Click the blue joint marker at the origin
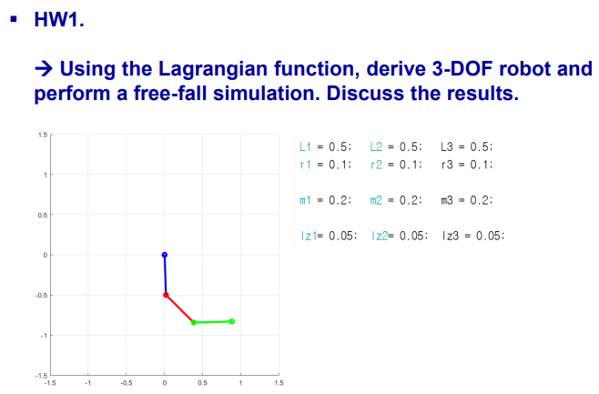coord(164,255)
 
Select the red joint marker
coord(166,295)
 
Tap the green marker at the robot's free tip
coord(232,321)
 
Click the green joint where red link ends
coord(194,322)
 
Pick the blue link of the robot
coord(165,275)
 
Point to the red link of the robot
coord(179,308)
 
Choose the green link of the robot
coord(213,321)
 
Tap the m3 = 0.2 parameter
coord(465,199)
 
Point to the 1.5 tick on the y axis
coord(42,135)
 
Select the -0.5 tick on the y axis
coord(41,295)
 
